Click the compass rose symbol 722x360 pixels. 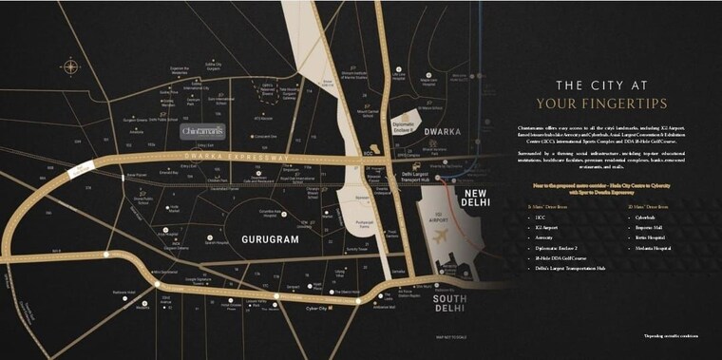click(x=70, y=66)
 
